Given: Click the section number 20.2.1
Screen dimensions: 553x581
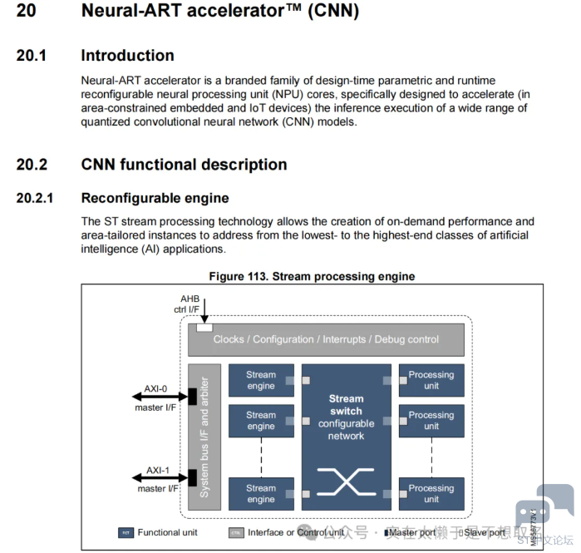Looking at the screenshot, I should point(34,198).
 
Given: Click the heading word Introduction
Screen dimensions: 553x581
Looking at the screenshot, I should point(127,56).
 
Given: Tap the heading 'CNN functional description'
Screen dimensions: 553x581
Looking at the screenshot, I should point(184,164).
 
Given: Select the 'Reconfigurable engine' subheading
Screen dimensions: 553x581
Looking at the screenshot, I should point(155,198).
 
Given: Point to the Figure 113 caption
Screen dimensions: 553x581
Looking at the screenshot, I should point(312,276).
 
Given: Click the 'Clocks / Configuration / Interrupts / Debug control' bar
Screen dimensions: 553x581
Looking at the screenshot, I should point(326,339).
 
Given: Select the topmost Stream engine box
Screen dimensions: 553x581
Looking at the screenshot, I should point(261,380).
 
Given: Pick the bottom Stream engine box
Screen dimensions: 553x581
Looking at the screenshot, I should point(261,493).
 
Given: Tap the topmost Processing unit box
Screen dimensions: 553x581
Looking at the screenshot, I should point(431,380).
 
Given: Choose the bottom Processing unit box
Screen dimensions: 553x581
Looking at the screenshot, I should point(431,493).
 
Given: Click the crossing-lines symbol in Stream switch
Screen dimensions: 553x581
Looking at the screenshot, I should point(346,480).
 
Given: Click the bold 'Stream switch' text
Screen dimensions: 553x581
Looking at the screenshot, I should point(346,405).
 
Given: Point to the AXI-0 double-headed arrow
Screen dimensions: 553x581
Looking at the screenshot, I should point(158,397).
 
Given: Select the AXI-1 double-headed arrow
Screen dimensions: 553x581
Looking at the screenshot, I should point(158,478).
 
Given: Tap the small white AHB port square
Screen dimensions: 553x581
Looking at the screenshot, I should point(204,327).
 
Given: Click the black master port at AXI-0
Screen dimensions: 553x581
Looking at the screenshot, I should point(192,397).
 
